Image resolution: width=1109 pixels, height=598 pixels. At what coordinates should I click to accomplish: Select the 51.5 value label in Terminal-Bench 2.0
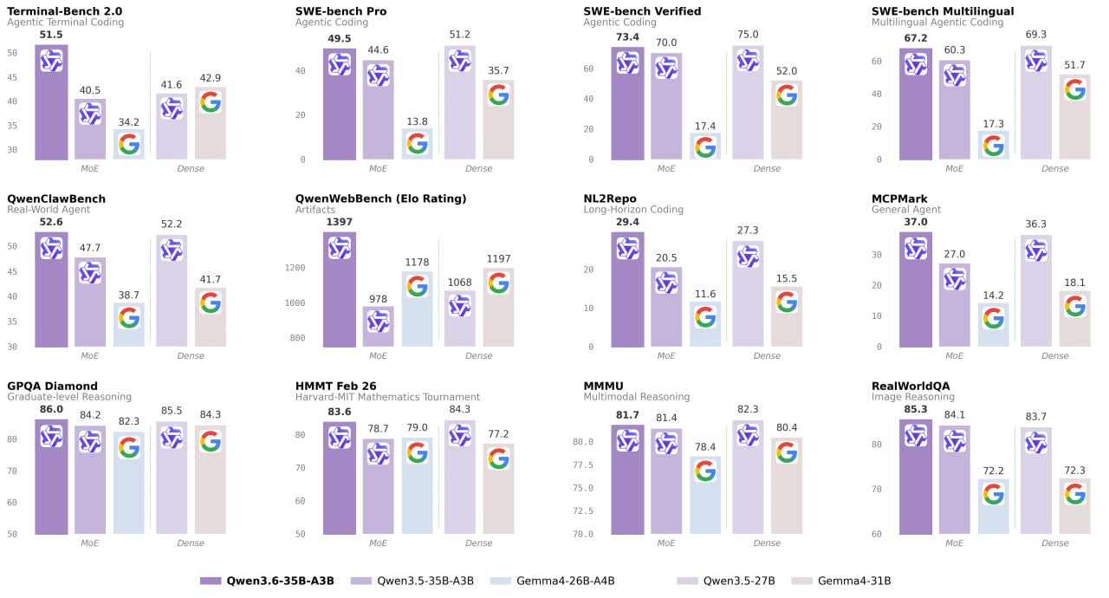coord(51,35)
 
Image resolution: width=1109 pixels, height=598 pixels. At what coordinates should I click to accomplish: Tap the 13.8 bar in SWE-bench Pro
coord(417,144)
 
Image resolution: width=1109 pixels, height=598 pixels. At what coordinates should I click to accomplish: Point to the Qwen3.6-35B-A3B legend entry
coord(268,581)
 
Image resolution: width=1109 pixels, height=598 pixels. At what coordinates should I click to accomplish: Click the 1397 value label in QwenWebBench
coord(339,222)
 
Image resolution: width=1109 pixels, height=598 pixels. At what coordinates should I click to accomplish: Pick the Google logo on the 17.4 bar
coord(705,146)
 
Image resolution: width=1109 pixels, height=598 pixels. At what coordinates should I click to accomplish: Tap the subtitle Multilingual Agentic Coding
coord(937,23)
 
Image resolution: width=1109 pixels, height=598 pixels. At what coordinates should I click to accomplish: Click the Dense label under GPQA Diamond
coord(191,543)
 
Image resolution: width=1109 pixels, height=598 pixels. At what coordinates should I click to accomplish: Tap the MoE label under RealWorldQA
coord(954,543)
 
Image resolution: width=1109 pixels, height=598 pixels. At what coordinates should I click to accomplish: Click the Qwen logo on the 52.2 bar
coord(172,250)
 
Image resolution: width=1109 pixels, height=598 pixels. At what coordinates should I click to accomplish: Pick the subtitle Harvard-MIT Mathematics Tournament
coord(387,397)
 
